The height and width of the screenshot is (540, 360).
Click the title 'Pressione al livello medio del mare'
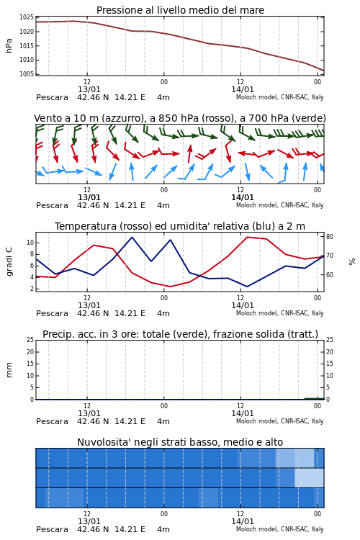[x=180, y=10]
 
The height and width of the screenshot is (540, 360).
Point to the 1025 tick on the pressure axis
[x=27, y=17]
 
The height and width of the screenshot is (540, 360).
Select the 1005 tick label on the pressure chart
[x=27, y=74]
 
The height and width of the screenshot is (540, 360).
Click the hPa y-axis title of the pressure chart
[x=9, y=45]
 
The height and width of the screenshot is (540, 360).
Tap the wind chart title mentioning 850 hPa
[x=180, y=118]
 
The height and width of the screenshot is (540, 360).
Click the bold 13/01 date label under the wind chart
[x=89, y=197]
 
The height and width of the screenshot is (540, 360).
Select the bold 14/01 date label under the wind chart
[x=243, y=197]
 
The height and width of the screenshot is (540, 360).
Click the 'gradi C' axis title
[x=9, y=261]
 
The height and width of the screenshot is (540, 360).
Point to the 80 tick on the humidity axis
[x=330, y=237]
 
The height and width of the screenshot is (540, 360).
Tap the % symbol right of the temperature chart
[x=352, y=262]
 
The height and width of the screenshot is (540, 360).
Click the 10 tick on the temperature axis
[x=30, y=243]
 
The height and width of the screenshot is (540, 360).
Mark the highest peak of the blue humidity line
[x=132, y=237]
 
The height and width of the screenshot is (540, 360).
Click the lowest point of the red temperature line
[x=170, y=287]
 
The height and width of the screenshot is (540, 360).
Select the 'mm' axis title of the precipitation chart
[x=9, y=369]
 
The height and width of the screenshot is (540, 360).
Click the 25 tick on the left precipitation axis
[x=30, y=340]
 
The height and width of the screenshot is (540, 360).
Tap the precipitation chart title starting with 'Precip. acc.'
[x=180, y=334]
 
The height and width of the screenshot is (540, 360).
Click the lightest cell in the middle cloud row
[x=309, y=477]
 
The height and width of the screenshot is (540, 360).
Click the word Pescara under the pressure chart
[x=52, y=97]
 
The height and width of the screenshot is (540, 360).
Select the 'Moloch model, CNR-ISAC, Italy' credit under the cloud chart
[x=280, y=529]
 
